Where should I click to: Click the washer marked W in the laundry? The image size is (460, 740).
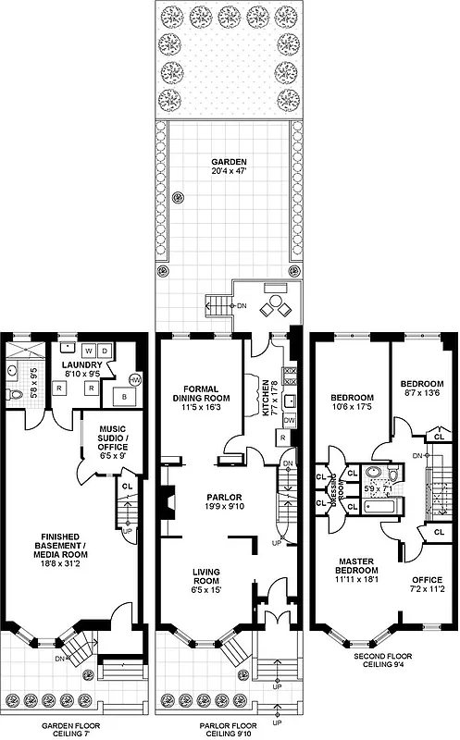[88, 351]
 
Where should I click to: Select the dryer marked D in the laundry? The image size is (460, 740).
[105, 351]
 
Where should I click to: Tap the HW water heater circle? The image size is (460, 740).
[135, 380]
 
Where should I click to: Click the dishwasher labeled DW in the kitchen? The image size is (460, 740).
[290, 419]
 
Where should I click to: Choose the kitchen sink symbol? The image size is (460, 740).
[290, 400]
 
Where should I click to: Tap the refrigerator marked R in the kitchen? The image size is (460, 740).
[282, 437]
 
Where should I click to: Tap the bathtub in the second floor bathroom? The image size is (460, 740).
[379, 506]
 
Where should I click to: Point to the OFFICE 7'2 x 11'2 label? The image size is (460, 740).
[428, 585]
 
